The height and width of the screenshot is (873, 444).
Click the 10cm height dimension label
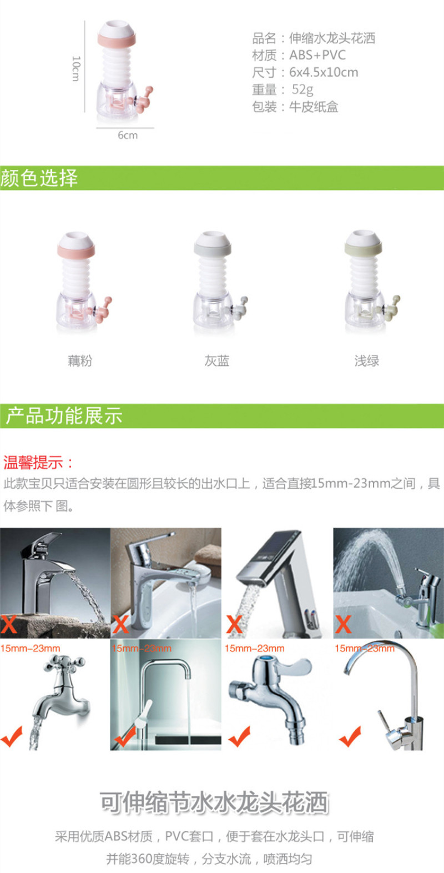(x=76, y=68)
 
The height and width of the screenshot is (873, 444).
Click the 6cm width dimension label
(x=128, y=136)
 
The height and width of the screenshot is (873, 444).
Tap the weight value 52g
(x=302, y=89)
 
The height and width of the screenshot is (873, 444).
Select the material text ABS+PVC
(x=317, y=55)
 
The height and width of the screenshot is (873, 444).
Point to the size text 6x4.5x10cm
(x=324, y=72)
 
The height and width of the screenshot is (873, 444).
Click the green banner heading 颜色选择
(x=39, y=178)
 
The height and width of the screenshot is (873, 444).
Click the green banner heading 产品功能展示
(x=64, y=415)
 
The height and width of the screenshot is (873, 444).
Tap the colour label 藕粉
(x=80, y=360)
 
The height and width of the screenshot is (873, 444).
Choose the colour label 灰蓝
(x=217, y=360)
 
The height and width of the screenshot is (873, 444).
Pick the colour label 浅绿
(x=367, y=360)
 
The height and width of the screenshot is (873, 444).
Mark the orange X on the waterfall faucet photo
(x=9, y=624)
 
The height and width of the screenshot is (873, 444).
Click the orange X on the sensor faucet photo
(x=234, y=624)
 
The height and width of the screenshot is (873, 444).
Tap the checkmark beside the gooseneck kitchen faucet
(x=350, y=736)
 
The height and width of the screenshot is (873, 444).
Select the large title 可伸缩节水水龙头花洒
(x=214, y=803)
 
